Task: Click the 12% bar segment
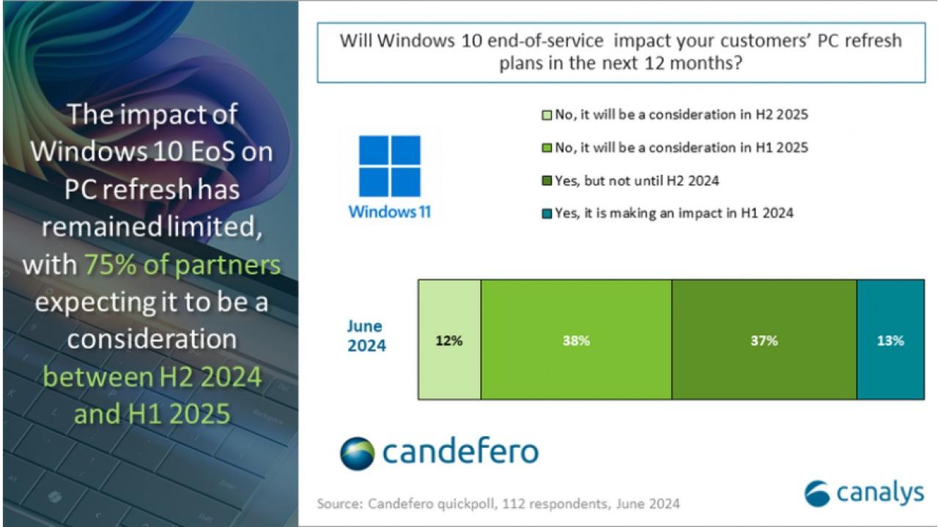(450, 340)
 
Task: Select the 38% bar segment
(576, 340)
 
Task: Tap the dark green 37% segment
(764, 340)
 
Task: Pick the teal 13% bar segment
(890, 340)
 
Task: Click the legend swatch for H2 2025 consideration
(547, 115)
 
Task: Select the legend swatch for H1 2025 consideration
(547, 148)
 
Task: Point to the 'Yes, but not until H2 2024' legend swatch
(547, 181)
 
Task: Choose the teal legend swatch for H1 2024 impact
(547, 214)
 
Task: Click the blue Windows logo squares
(389, 166)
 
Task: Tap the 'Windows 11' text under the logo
(389, 212)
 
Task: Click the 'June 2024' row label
(366, 336)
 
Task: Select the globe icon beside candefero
(357, 454)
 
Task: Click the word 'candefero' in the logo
(461, 451)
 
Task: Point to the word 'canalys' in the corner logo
(880, 493)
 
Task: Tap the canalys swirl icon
(817, 493)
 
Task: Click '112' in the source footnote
(510, 504)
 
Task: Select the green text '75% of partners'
(182, 265)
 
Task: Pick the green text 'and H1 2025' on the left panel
(152, 414)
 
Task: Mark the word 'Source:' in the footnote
(340, 504)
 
